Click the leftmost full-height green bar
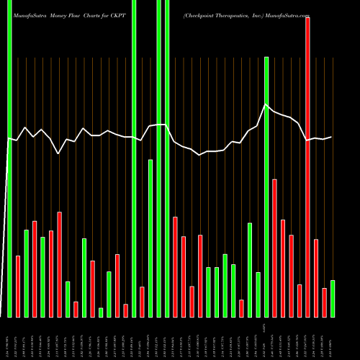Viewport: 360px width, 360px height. [x=9, y=158]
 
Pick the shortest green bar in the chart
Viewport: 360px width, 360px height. [x=101, y=312]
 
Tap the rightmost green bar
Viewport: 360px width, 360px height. [x=333, y=299]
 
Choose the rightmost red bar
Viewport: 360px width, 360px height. [x=324, y=302]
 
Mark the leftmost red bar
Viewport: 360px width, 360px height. [x=18, y=287]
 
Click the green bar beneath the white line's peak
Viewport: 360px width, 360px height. [x=266, y=187]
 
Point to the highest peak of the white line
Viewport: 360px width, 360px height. [x=266, y=105]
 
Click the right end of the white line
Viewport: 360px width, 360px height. [x=332, y=137]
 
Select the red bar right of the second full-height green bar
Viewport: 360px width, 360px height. [x=142, y=302]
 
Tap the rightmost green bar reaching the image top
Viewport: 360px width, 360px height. [x=167, y=158]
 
